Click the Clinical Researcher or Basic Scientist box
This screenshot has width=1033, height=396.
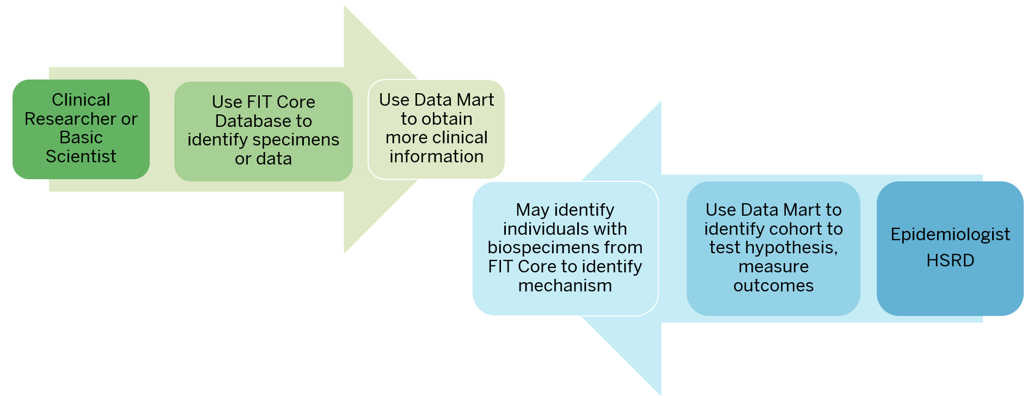pyautogui.click(x=81, y=129)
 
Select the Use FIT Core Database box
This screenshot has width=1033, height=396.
pyautogui.click(x=263, y=131)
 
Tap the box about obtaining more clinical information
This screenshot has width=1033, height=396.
pyautogui.click(x=436, y=129)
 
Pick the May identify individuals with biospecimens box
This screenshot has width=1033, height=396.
pyautogui.click(x=565, y=248)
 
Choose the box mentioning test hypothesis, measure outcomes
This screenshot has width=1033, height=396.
pyautogui.click(x=773, y=248)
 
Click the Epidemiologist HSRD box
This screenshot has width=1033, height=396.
pyautogui.click(x=950, y=248)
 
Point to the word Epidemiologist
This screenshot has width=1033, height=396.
pyautogui.click(x=950, y=234)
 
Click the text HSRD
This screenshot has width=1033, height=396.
pyautogui.click(x=950, y=260)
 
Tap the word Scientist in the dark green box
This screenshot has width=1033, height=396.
pyautogui.click(x=81, y=157)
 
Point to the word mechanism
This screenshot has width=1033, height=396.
pyautogui.click(x=565, y=285)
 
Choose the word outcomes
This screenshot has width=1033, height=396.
pyautogui.click(x=773, y=285)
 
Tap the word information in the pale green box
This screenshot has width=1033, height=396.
pyautogui.click(x=436, y=157)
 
